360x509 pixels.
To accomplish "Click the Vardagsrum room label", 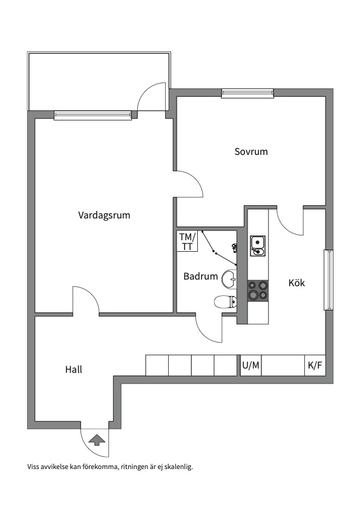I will click(x=104, y=215).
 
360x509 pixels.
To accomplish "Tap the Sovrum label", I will click(x=251, y=151).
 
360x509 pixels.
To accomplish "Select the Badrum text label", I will click(x=200, y=276).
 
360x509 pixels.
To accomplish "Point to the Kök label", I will click(x=297, y=283).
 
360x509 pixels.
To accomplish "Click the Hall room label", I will click(x=74, y=369).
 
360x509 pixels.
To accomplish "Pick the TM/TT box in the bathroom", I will click(x=187, y=241).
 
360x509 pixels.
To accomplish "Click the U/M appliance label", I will click(x=250, y=365).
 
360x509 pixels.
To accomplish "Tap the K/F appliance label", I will click(x=315, y=365).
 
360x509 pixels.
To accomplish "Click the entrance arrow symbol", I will click(x=96, y=439).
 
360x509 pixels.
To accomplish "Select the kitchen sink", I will click(x=258, y=245).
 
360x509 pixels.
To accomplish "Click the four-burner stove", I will click(x=258, y=291).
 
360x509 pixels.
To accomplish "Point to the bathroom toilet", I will click(x=224, y=301).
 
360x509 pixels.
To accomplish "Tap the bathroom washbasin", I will click(x=229, y=278).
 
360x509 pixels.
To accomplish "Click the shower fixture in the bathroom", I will click(x=235, y=246).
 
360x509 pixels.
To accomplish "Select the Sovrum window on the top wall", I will click(x=247, y=93).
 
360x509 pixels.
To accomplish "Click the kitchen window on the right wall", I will click(x=329, y=280).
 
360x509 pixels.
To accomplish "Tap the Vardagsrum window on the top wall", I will click(x=93, y=115).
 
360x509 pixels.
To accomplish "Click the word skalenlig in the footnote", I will click(x=180, y=467).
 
